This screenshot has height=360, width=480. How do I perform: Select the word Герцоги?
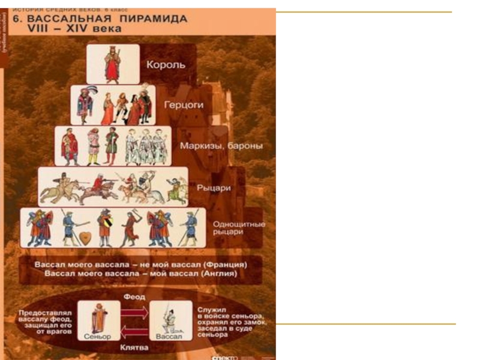click(x=184, y=104)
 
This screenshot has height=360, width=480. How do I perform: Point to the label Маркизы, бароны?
click(x=221, y=145)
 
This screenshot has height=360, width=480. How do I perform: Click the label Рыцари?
click(x=214, y=187)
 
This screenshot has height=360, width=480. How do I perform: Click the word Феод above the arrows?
click(x=135, y=296)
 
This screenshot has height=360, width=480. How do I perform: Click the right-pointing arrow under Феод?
click(x=135, y=311)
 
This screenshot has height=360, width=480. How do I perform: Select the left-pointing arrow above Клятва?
click(x=135, y=331)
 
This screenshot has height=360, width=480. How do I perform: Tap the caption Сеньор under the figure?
click(x=98, y=337)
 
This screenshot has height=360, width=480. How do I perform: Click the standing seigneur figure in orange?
click(x=98, y=316)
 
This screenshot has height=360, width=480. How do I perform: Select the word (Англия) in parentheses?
click(x=218, y=274)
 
